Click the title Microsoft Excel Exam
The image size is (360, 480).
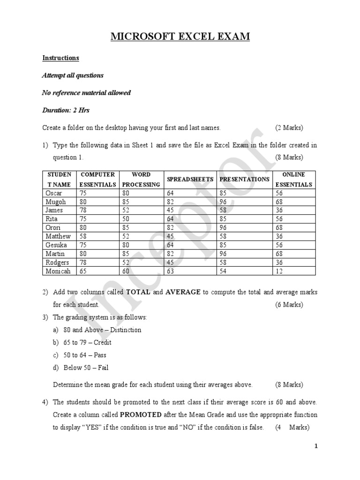pyautogui.click(x=180, y=36)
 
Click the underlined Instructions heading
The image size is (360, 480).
pyautogui.click(x=60, y=58)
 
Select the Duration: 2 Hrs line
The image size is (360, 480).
pyautogui.click(x=66, y=110)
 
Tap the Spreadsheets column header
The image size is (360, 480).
pyautogui.click(x=190, y=180)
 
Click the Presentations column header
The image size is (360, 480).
pyautogui.click(x=244, y=180)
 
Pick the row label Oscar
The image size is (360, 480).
pyautogui.click(x=54, y=193)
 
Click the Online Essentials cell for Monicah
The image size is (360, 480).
pyautogui.click(x=280, y=271)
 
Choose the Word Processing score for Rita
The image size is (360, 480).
pyautogui.click(x=126, y=219)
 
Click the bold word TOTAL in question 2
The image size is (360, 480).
pyautogui.click(x=138, y=292)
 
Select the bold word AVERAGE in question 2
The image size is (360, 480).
pyautogui.click(x=183, y=292)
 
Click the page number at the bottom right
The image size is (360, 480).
pyautogui.click(x=316, y=446)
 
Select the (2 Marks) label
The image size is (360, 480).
pyautogui.click(x=289, y=127)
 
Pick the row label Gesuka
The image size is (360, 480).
pyautogui.click(x=56, y=245)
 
